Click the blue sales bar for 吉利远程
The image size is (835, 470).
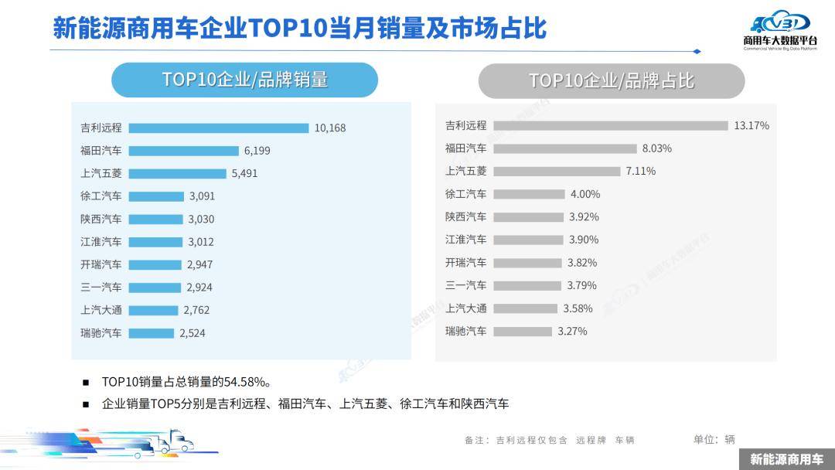click(219, 128)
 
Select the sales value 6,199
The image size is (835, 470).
click(257, 151)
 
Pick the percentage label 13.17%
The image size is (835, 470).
click(751, 125)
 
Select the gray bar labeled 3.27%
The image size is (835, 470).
click(523, 331)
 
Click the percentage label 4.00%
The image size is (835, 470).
click(584, 194)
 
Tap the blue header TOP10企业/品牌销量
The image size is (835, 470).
click(244, 80)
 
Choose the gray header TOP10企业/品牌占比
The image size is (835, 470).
click(611, 80)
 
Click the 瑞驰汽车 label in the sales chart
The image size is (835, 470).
click(101, 333)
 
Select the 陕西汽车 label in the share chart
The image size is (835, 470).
click(466, 216)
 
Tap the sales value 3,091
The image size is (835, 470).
click(202, 196)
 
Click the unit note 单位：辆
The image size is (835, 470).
click(714, 439)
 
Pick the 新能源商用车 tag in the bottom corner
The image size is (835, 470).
click(786, 459)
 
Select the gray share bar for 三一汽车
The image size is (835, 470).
click(527, 285)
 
